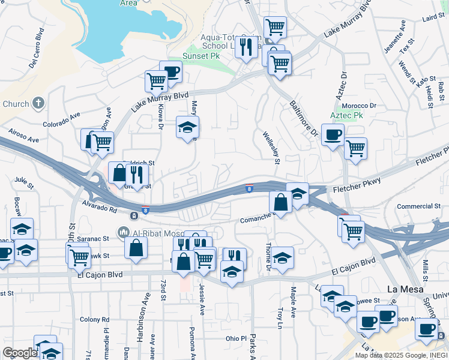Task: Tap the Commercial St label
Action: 414,206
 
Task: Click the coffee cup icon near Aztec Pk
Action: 332,134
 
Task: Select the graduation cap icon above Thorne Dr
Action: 282,257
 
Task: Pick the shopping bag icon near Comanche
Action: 280,202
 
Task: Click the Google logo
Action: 20,353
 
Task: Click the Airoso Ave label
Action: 23,135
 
